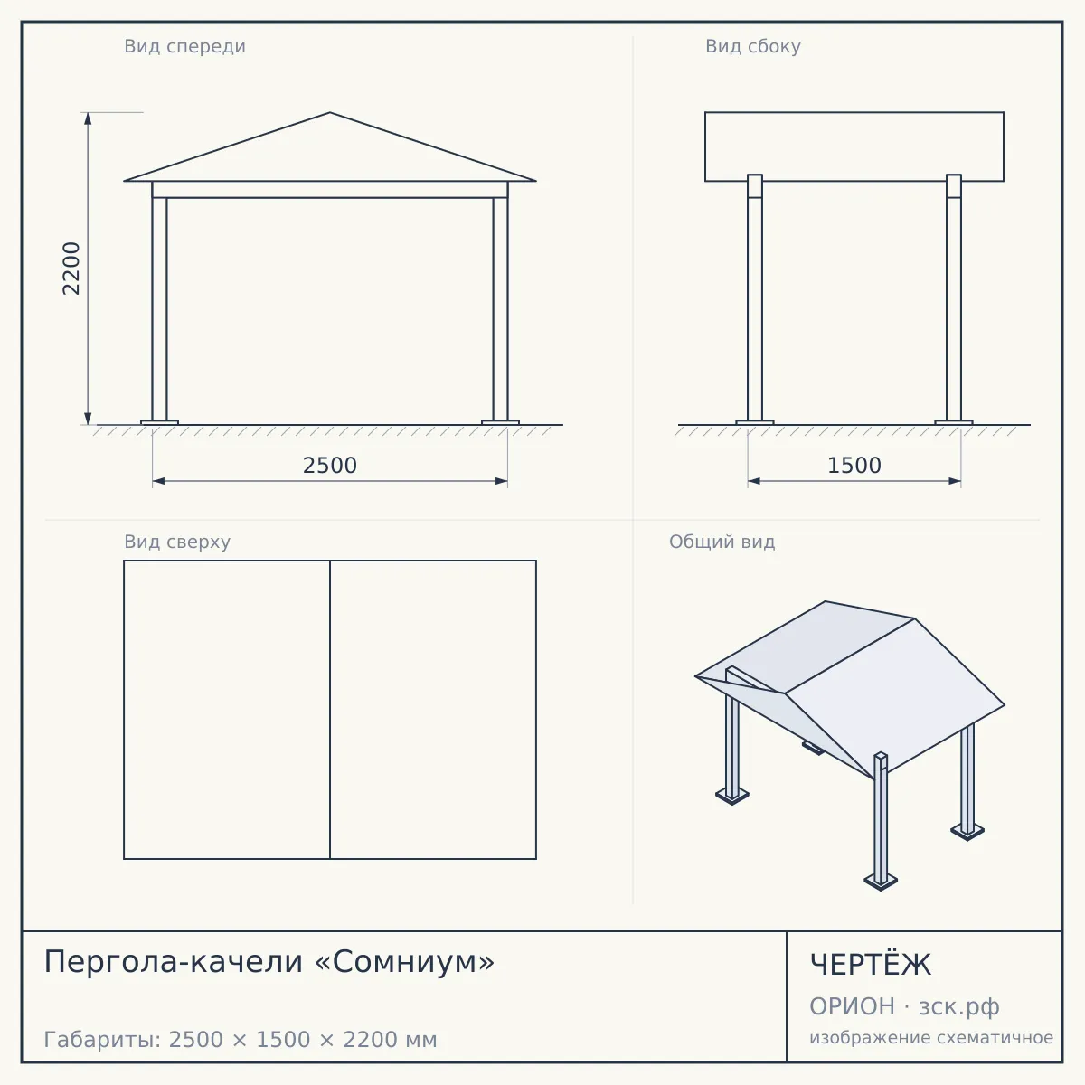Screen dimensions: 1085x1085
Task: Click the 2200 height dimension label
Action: pos(71,269)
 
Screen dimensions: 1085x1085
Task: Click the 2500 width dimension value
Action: pos(330,466)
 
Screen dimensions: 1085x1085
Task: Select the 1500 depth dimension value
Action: pos(854,466)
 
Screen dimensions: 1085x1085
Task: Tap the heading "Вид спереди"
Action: pos(184,46)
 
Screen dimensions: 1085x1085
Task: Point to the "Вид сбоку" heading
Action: pos(753,46)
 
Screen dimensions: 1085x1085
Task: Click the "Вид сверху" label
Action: pos(177,542)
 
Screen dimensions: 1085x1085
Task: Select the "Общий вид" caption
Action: pos(722,542)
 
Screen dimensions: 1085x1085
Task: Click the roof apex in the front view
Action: pos(330,113)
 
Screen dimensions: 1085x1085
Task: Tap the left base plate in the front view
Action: pos(159,422)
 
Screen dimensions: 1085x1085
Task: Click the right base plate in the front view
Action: pos(501,422)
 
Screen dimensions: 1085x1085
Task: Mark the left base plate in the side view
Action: pos(755,422)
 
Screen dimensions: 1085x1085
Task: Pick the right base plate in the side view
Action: pos(954,422)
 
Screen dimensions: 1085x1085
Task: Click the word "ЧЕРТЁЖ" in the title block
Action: pos(871,965)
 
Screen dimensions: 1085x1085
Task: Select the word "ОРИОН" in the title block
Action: pos(852,1006)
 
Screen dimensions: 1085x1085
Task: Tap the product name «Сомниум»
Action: pos(405,961)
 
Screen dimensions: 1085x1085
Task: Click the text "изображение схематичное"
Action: pos(931,1037)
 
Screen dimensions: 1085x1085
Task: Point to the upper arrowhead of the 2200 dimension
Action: pos(88,118)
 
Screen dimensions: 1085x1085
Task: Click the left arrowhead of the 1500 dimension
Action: pos(754,481)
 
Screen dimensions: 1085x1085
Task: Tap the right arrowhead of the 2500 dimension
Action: pos(501,481)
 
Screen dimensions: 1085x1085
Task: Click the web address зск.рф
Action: pos(959,1007)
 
